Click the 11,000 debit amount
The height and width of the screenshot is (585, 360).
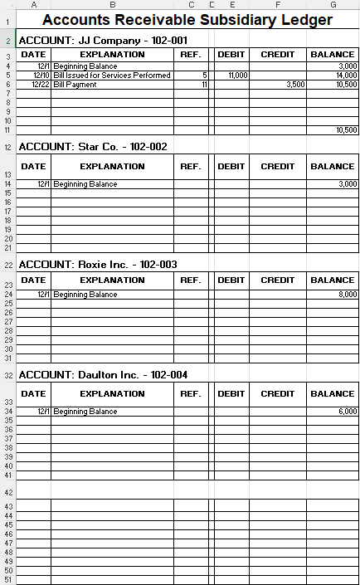coord(238,75)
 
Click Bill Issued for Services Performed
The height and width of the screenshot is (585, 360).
coord(112,75)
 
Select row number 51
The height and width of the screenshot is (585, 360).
coord(7,580)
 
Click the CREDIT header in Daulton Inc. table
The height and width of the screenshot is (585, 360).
coord(277,394)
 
